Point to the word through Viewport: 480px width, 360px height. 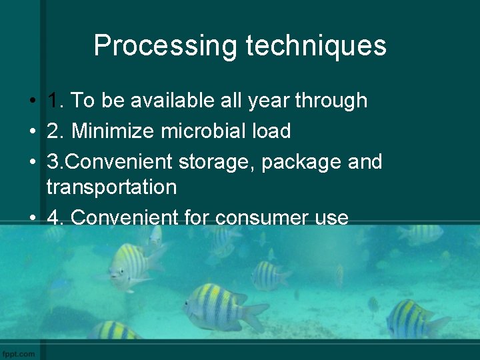(331, 101)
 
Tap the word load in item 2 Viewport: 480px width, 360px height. (272, 131)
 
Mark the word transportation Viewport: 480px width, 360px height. (111, 187)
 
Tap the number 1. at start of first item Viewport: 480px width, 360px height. (55, 101)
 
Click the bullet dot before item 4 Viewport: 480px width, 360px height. (32, 218)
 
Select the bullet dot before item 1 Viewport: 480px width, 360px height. (32, 101)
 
